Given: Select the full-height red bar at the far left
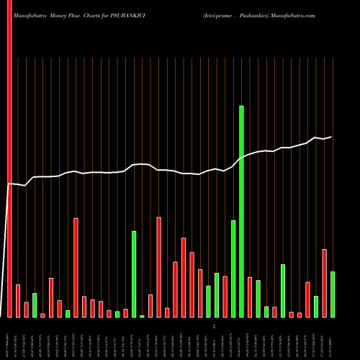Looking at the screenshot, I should (9, 158).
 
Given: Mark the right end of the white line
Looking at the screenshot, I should (332, 137).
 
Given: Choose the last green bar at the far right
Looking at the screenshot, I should (332, 294).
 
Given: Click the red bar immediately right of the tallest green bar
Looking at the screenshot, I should (250, 297).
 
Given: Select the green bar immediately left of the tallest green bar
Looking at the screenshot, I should (233, 269).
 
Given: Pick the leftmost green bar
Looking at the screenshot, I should (35, 305).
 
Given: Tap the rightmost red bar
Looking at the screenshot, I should (324, 283).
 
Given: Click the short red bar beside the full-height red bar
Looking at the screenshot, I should (18, 300).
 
